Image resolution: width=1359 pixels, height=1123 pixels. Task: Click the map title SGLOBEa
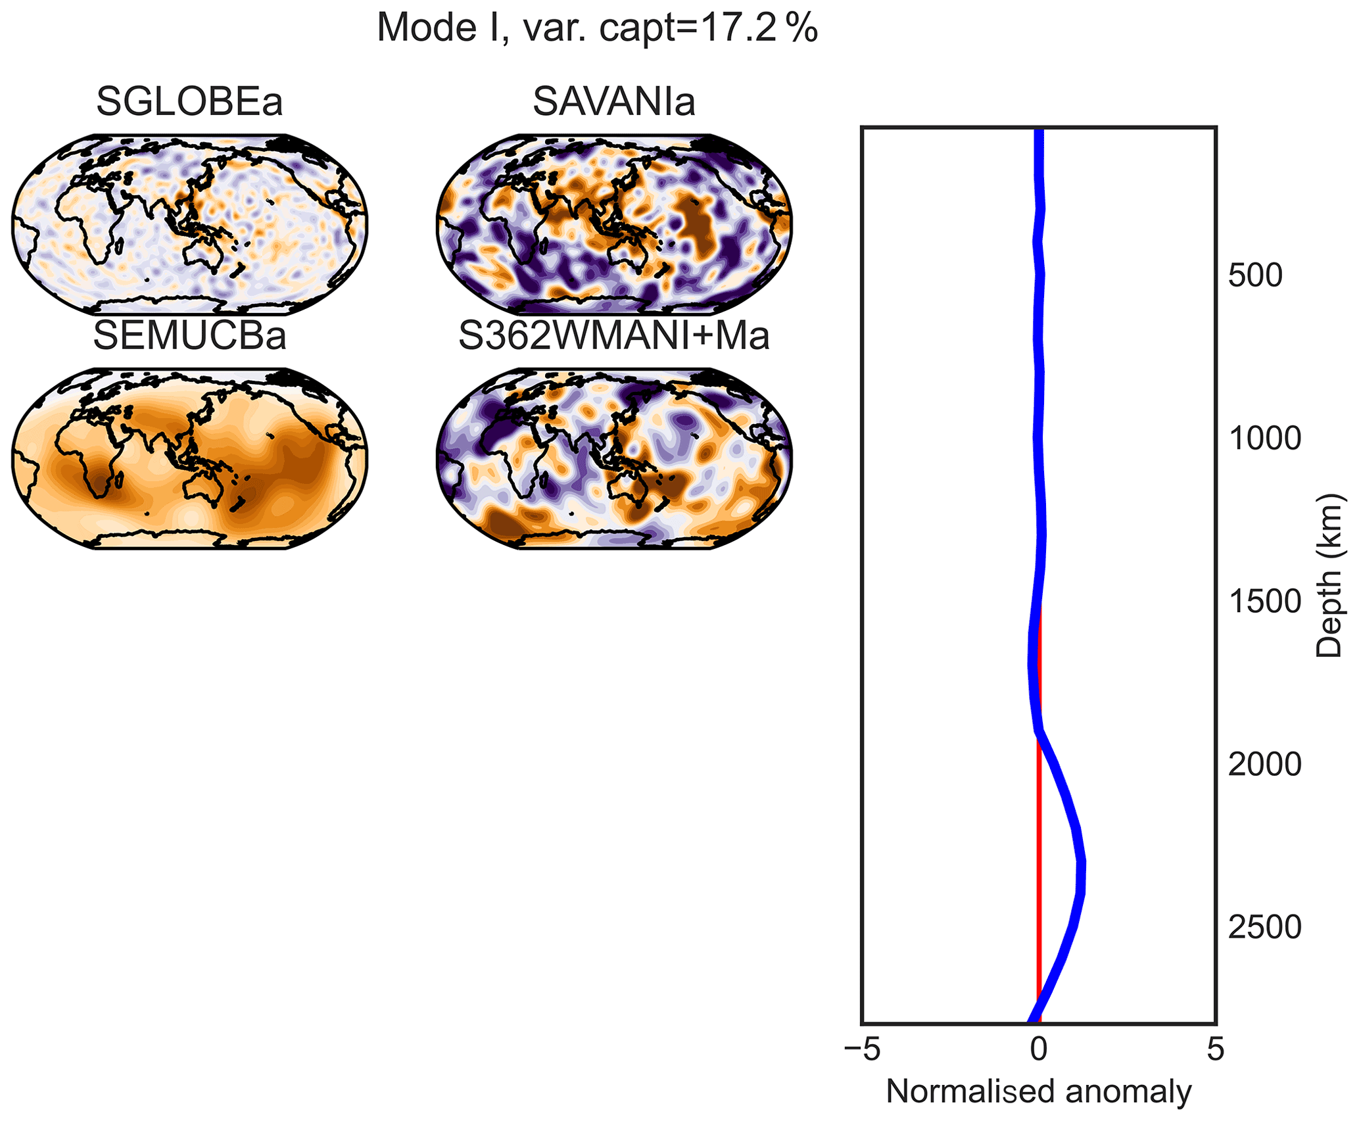[189, 103]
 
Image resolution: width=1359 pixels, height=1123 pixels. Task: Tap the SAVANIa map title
[613, 103]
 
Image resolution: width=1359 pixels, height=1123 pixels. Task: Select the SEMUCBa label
[189, 336]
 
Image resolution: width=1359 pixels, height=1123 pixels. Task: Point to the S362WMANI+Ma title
[613, 336]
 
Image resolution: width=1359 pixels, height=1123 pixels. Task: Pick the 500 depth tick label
[1255, 276]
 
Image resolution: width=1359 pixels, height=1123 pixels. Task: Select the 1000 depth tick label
[1264, 439]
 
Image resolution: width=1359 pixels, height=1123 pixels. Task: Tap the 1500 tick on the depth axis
[1264, 602]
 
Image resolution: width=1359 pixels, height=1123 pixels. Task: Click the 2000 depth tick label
[1264, 765]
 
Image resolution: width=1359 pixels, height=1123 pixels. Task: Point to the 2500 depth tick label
[1264, 927]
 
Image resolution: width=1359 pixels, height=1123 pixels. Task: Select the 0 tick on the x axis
[1039, 1051]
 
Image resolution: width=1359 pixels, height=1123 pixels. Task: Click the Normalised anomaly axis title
[1039, 1092]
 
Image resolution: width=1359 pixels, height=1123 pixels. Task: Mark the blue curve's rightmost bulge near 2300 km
[1081, 878]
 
